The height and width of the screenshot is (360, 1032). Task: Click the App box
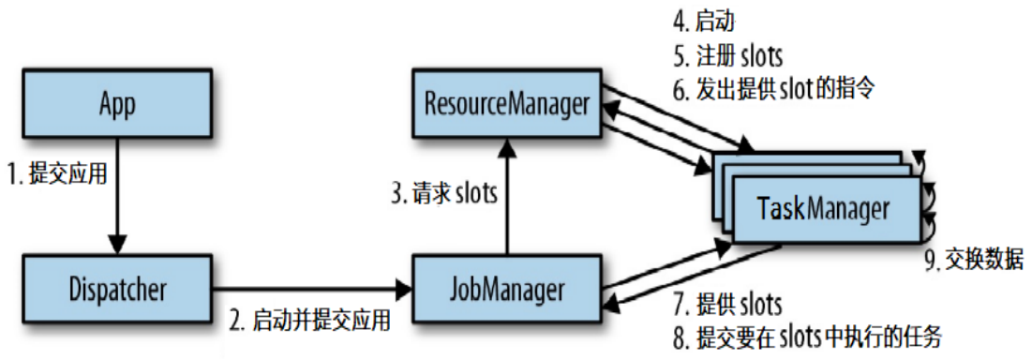118,104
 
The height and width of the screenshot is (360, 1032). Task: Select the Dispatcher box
118,289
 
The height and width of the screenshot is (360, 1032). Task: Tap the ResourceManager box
507,104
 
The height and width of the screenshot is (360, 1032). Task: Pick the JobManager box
507,289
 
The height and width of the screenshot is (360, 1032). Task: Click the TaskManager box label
825,209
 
